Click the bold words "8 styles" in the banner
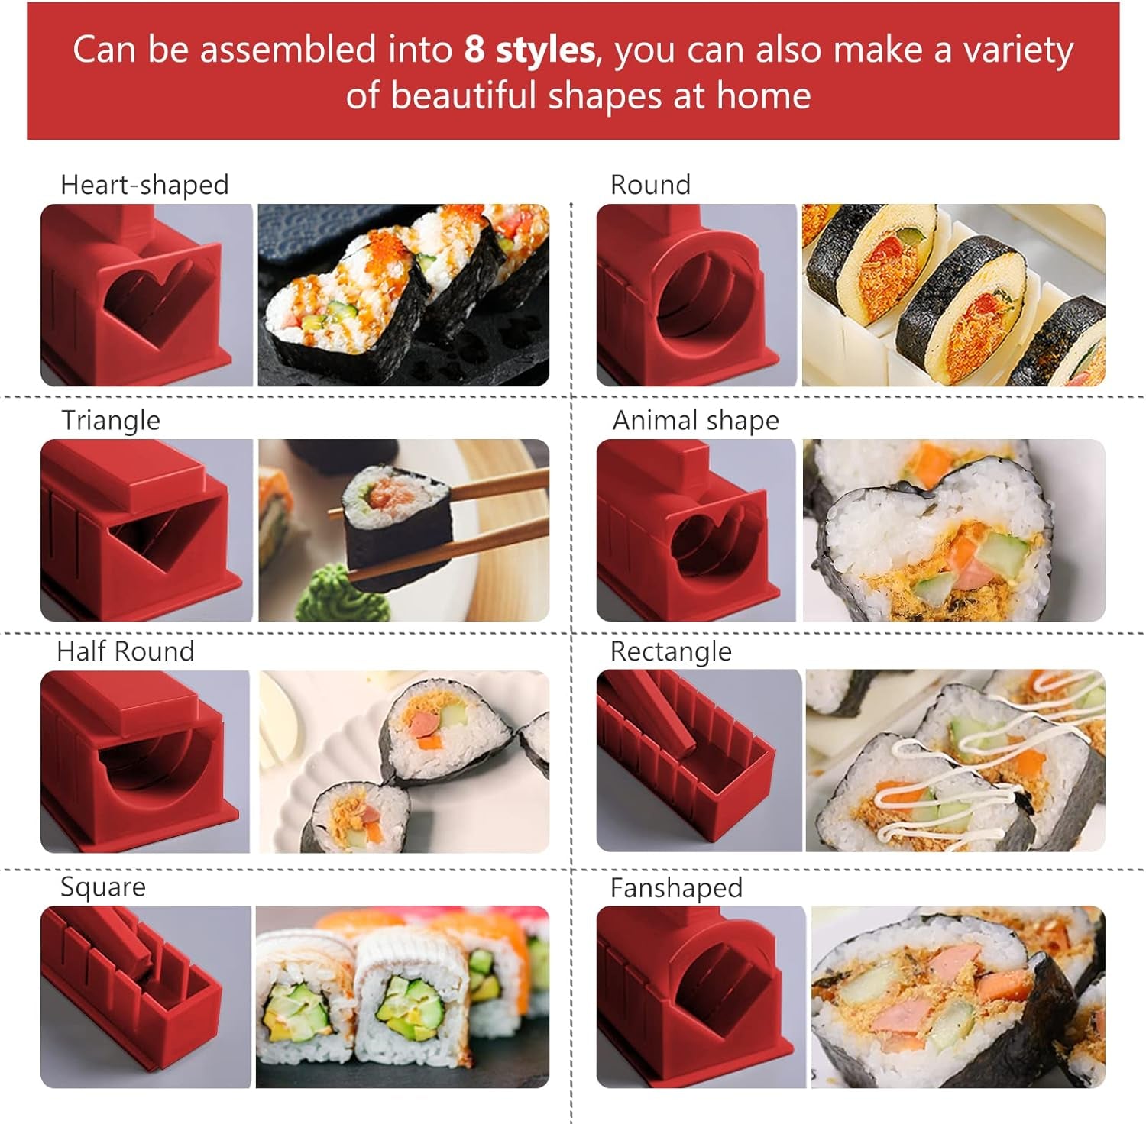pos(529,50)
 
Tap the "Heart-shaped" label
pos(144,185)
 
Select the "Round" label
pos(650,185)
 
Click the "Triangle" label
pos(111,421)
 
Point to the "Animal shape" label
pos(695,421)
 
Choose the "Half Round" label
pos(125,651)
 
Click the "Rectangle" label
pos(671,651)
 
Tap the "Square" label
pos(102,887)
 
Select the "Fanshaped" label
pos(676,888)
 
